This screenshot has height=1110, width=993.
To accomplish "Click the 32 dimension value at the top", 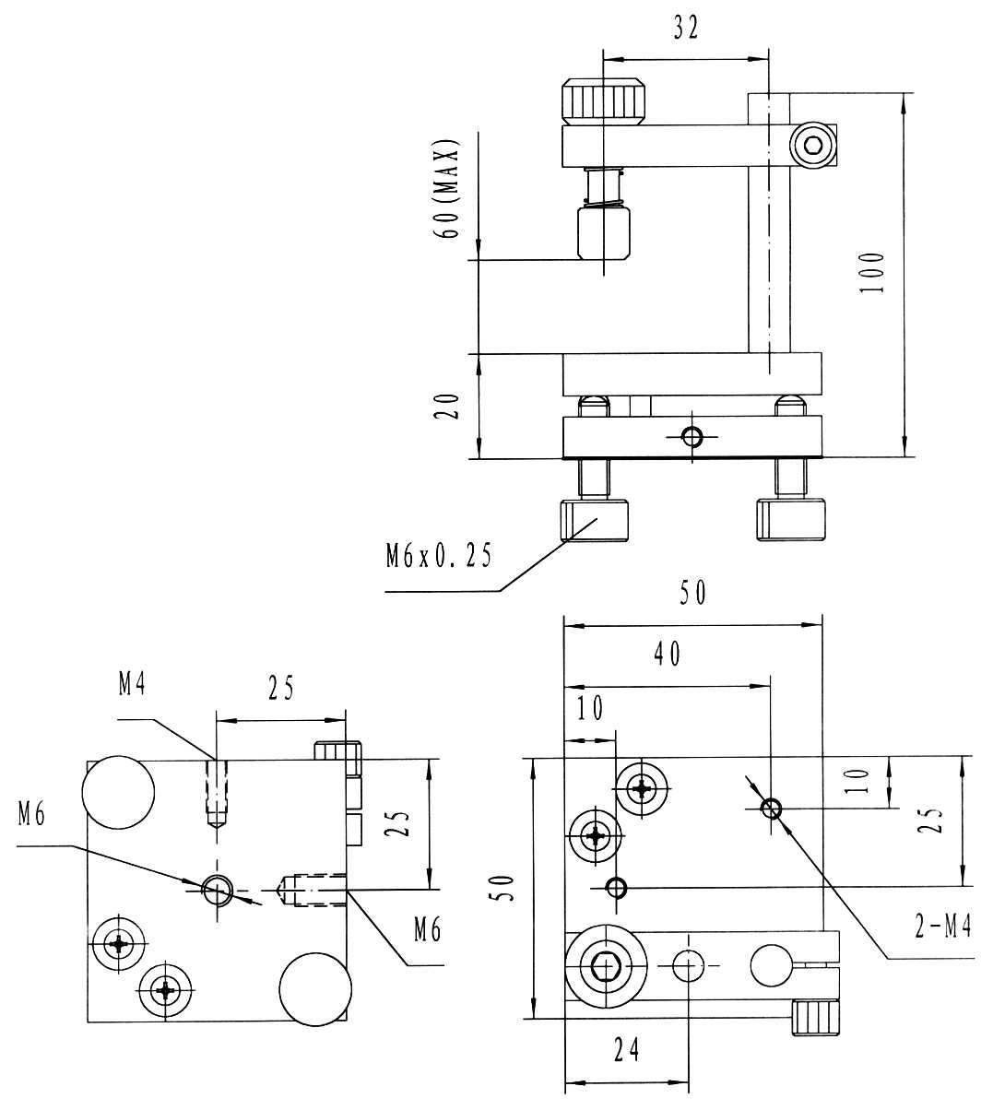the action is coord(687,29).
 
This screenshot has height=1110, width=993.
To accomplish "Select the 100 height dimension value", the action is coord(871,272).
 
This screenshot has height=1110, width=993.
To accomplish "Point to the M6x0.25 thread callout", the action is coord(438,556).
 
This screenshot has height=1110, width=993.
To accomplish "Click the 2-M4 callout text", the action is coord(942,927).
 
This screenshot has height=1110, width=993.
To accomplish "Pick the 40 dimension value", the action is coord(668,654).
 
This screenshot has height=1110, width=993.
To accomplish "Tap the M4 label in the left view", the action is coord(132,684).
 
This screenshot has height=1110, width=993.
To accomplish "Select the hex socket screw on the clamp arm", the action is coord(812,145).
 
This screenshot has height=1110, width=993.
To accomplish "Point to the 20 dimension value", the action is coord(446,406).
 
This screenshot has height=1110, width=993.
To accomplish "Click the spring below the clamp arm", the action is coord(604,188).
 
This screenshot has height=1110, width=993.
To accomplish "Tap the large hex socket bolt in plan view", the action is coord(606,965).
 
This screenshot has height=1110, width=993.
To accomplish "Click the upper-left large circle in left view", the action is coord(118,792).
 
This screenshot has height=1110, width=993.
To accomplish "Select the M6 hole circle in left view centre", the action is coord(218,890).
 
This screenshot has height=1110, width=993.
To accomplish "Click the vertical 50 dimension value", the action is coord(502,888).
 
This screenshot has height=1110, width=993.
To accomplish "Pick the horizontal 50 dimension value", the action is coord(692,593).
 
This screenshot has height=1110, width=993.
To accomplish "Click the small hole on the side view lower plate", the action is coord(692,437).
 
